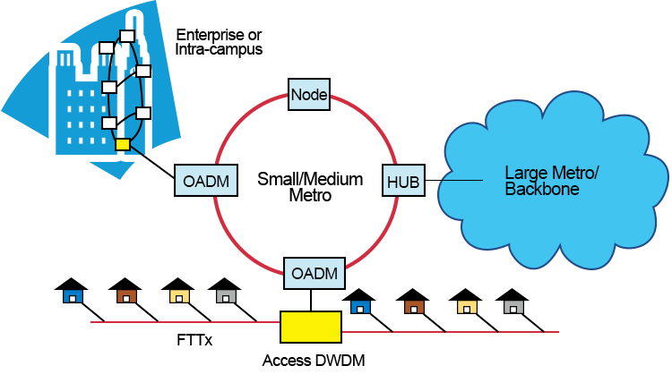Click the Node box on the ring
[x=309, y=94]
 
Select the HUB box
[x=403, y=182]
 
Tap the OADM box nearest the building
[x=206, y=182]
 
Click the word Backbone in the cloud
[x=541, y=190]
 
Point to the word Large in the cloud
[x=524, y=173]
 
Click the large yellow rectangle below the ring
[x=311, y=327]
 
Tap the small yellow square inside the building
[x=123, y=144]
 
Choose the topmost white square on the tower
[x=127, y=36]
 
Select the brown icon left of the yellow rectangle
[x=126, y=296]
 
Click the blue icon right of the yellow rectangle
[x=360, y=307]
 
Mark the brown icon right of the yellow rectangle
[x=414, y=307]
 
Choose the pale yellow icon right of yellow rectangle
[x=467, y=307]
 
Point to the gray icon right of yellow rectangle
[x=513, y=307]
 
